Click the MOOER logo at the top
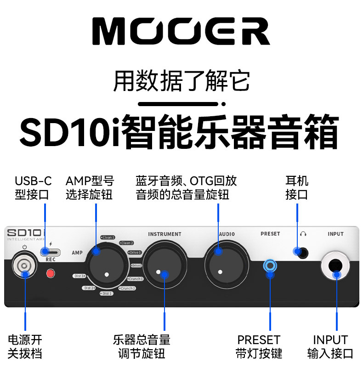tap(181, 31)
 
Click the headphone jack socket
tap(301, 251)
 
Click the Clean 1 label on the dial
tap(108, 238)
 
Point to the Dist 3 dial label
tap(79, 276)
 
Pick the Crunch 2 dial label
tap(127, 288)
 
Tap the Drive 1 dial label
tap(135, 252)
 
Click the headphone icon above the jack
tap(303, 234)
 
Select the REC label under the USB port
tap(51, 259)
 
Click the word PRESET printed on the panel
tap(270, 234)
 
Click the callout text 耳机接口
tap(297, 187)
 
